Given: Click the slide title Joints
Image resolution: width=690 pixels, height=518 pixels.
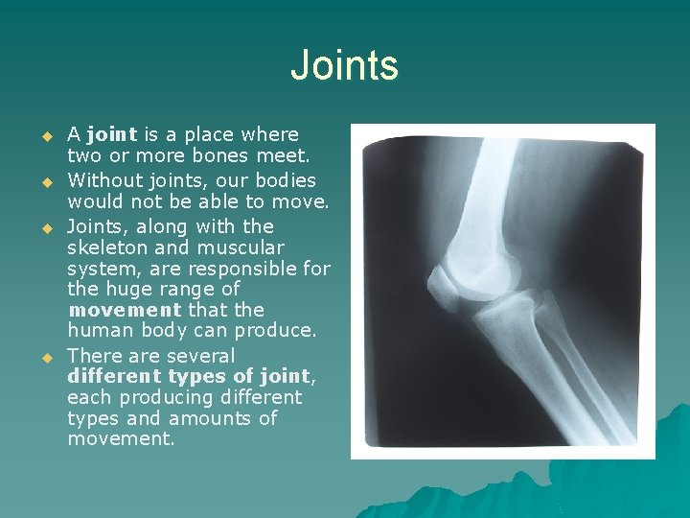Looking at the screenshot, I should click(x=344, y=66).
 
